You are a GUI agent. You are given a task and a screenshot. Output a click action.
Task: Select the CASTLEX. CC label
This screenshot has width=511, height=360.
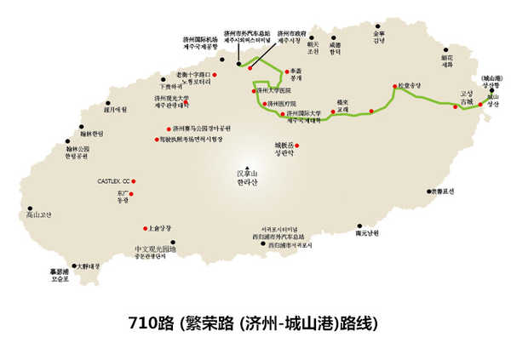(x=112, y=181)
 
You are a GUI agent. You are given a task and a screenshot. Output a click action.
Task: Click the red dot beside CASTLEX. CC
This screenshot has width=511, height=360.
(x=134, y=181)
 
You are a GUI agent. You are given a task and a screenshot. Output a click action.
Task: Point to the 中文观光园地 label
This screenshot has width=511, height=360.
(x=154, y=251)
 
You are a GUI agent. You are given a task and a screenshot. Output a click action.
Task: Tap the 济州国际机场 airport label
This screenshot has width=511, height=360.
(x=200, y=43)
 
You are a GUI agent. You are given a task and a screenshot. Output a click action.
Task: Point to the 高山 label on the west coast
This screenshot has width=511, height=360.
(x=39, y=215)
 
